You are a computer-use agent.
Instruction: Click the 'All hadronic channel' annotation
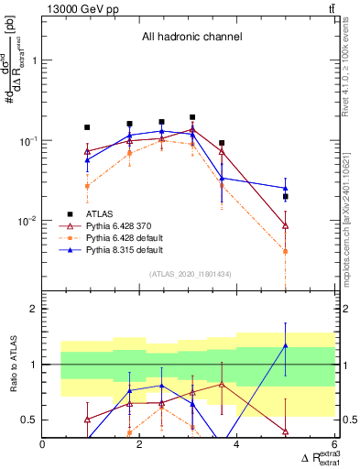coord(191,38)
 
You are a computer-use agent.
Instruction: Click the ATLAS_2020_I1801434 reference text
coord(191,274)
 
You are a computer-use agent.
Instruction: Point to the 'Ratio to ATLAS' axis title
coord(12,364)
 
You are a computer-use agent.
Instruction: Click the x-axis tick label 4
coord(237,444)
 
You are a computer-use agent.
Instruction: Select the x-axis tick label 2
coord(140,444)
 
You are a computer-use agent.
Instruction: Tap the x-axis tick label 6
coord(333,444)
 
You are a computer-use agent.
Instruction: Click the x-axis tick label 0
coord(43,444)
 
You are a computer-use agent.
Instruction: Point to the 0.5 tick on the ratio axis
coord(29,420)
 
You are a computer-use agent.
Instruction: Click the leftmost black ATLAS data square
coord(87,127)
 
